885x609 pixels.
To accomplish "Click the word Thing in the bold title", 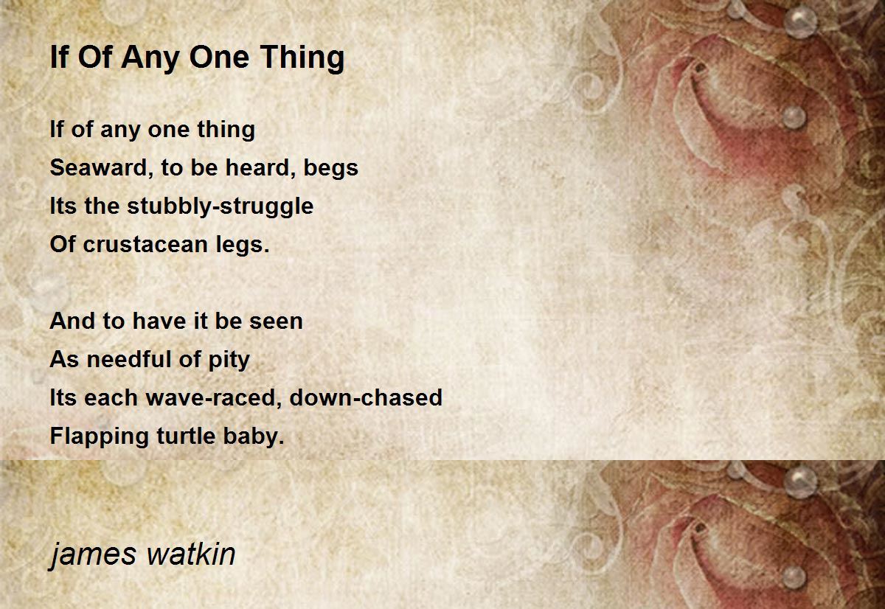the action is pyautogui.click(x=302, y=58).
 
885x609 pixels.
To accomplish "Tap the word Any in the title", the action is pyautogui.click(x=150, y=58).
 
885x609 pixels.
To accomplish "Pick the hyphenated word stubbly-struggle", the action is pyautogui.click(x=220, y=207).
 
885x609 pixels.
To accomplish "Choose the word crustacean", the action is pyautogui.click(x=145, y=245).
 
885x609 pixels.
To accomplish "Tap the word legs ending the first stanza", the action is pyautogui.click(x=242, y=246).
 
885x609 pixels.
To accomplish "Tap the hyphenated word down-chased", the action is pyautogui.click(x=366, y=397).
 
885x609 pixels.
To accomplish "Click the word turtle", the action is pyautogui.click(x=186, y=436).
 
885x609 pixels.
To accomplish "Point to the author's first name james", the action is pyautogui.click(x=93, y=554).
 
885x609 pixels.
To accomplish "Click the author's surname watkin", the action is pyautogui.click(x=191, y=554).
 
